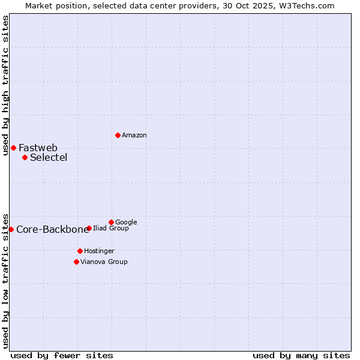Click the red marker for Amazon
(118, 135)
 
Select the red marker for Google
(111, 222)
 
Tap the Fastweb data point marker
(13, 148)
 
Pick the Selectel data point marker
(25, 157)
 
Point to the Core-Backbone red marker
(11, 229)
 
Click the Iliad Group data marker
(89, 228)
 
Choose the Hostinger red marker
(80, 251)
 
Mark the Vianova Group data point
(76, 262)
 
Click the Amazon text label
(134, 136)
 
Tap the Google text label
(126, 223)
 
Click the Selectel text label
(49, 158)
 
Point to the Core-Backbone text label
(52, 230)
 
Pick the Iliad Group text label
(111, 229)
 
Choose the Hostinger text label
(99, 251)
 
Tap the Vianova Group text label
(104, 262)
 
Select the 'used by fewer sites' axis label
(62, 355)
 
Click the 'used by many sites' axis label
(301, 355)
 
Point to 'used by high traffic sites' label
(5, 85)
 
